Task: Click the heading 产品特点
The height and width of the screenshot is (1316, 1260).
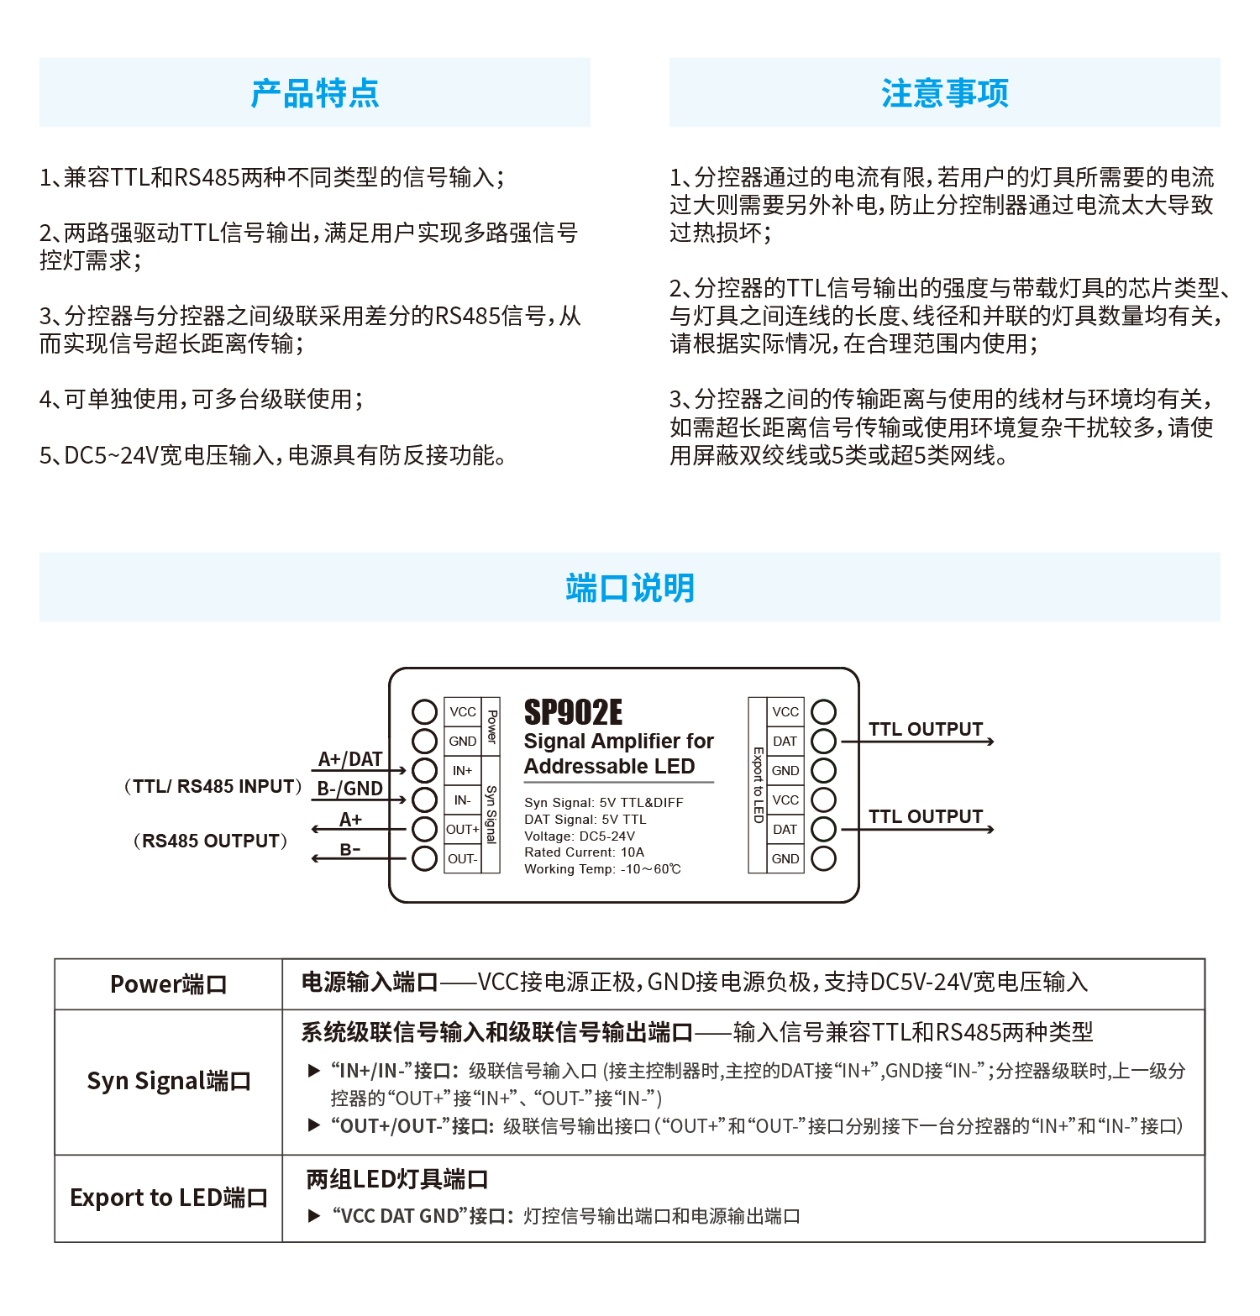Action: click(315, 93)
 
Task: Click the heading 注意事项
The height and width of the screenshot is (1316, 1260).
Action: click(944, 93)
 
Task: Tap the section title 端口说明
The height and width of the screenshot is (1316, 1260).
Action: click(630, 588)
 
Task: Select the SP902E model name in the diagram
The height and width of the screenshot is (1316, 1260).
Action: click(573, 713)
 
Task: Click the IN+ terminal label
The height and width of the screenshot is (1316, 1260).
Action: click(462, 771)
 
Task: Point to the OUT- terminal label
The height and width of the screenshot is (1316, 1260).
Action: click(462, 859)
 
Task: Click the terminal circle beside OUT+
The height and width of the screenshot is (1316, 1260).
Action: click(425, 829)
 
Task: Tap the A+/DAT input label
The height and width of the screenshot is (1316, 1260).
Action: click(350, 759)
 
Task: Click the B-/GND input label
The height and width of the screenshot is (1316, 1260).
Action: click(350, 789)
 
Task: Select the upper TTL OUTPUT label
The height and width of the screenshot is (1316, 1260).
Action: click(926, 729)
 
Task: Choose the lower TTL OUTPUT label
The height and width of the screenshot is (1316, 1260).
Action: click(926, 816)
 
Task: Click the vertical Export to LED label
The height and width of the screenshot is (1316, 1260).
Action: click(758, 785)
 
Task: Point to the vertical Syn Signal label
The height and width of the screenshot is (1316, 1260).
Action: click(491, 815)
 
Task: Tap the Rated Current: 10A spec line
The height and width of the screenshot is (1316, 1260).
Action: click(584, 852)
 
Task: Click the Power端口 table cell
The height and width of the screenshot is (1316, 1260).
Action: click(168, 984)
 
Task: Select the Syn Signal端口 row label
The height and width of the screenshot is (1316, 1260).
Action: click(168, 1082)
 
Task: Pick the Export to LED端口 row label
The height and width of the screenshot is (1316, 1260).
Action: click(168, 1198)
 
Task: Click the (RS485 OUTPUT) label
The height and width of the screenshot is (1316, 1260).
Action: click(210, 841)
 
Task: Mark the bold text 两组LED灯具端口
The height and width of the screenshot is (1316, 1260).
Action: click(397, 1180)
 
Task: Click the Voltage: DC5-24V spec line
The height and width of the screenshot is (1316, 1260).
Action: click(580, 836)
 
